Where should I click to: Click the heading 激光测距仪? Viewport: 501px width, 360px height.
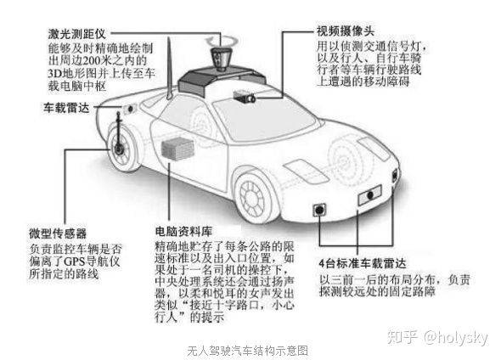pyautogui.click(x=76, y=34)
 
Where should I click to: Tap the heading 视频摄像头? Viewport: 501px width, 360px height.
pyautogui.click(x=345, y=31)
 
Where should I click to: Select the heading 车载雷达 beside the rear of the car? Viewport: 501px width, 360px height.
pyautogui.click(x=66, y=108)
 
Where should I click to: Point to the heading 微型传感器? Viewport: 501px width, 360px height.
pyautogui.click(x=58, y=233)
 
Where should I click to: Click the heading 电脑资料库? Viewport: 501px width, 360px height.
pyautogui.click(x=183, y=231)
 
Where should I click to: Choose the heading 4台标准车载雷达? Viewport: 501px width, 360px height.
pyautogui.click(x=363, y=263)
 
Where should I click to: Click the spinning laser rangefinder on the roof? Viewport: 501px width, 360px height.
pyautogui.click(x=222, y=58)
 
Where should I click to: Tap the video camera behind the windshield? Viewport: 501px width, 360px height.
pyautogui.click(x=245, y=96)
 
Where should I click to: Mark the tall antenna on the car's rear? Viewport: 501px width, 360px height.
pyautogui.click(x=169, y=68)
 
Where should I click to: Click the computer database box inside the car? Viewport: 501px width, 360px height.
pyautogui.click(x=177, y=148)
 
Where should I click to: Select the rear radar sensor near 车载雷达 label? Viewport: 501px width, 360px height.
pyautogui.click(x=130, y=109)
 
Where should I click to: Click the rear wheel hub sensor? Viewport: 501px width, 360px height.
pyautogui.click(x=119, y=149)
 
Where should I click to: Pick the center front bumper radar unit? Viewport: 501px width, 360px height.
pyautogui.click(x=370, y=194)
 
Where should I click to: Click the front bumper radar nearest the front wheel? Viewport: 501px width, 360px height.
pyautogui.click(x=319, y=210)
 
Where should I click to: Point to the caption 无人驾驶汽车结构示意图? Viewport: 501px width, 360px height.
pyautogui.click(x=248, y=351)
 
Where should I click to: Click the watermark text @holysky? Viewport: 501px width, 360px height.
pyautogui.click(x=456, y=337)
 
